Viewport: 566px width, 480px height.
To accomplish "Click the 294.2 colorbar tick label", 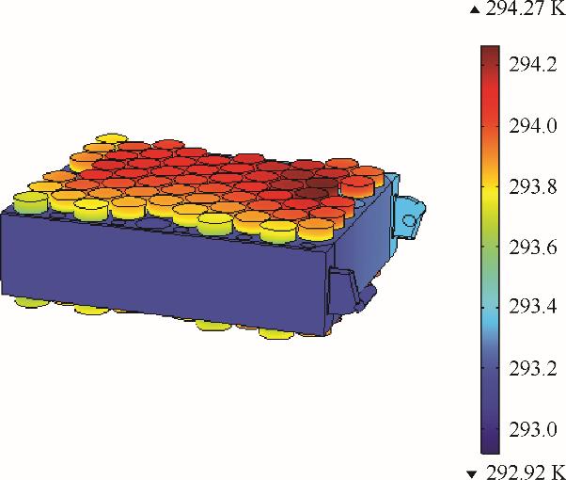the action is (x=533, y=65).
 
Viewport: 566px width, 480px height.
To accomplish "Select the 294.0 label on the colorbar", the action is (x=533, y=126).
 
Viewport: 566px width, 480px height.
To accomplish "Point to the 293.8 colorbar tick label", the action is (x=533, y=187).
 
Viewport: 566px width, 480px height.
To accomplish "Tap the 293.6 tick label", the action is (x=533, y=248).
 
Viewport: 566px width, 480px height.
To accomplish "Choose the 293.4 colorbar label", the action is (x=533, y=307).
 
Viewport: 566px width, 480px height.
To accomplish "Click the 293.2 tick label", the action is (x=533, y=369).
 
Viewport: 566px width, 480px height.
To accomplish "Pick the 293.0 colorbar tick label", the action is (x=533, y=430).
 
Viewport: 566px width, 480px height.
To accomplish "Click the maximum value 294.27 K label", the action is (x=526, y=8).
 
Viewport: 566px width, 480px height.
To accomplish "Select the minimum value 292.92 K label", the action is (x=526, y=472).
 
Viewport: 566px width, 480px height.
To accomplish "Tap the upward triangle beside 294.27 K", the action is (x=475, y=10).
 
